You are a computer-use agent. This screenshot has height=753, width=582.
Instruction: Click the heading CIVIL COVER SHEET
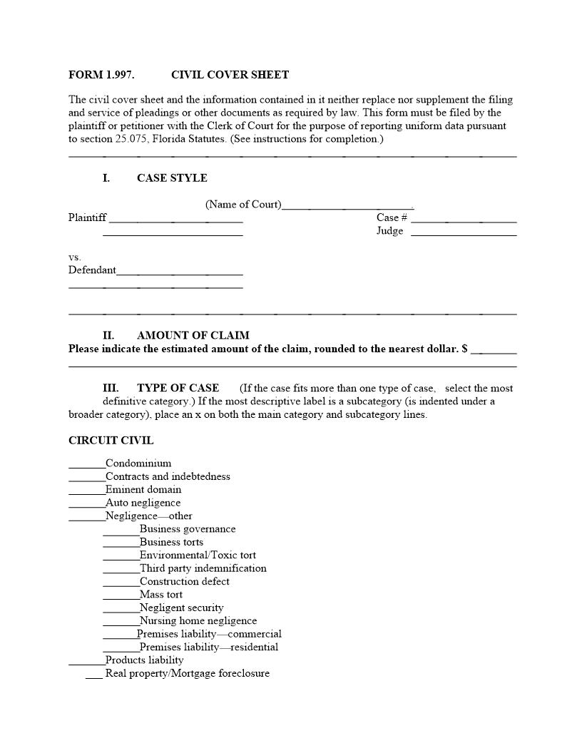(x=230, y=75)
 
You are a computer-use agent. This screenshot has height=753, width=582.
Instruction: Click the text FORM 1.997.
(x=101, y=75)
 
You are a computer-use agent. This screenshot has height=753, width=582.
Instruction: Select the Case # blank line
(x=464, y=221)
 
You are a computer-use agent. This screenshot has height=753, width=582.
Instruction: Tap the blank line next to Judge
(x=464, y=234)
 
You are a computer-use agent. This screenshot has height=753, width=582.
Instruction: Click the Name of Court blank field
(x=347, y=208)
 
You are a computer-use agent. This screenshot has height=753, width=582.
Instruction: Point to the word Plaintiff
(x=88, y=217)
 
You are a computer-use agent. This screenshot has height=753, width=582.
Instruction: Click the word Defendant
(x=92, y=270)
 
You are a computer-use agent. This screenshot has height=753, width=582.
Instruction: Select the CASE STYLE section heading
(x=172, y=178)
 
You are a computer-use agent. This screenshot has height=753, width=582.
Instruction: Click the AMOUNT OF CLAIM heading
(x=193, y=335)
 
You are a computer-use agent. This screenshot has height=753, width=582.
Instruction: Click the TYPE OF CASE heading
(x=178, y=388)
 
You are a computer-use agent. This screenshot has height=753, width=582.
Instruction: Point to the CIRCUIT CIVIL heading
(x=111, y=441)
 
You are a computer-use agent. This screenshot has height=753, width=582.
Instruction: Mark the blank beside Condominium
(x=86, y=466)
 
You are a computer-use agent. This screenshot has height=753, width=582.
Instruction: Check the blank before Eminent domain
(x=86, y=493)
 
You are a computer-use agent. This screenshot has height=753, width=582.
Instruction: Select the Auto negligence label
(x=143, y=503)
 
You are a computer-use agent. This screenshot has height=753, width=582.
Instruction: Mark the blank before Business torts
(x=121, y=545)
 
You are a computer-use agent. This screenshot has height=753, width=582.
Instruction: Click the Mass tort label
(x=161, y=595)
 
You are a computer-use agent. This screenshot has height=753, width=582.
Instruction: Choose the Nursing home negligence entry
(x=198, y=621)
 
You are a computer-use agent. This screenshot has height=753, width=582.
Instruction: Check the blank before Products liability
(x=86, y=663)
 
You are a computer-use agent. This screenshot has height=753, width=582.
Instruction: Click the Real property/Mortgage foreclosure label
(x=188, y=673)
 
